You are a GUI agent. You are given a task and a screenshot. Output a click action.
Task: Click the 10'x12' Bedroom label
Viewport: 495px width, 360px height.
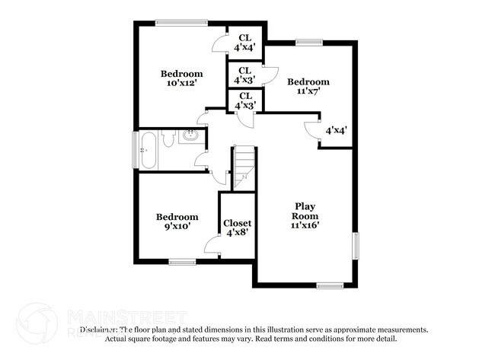coord(180,78)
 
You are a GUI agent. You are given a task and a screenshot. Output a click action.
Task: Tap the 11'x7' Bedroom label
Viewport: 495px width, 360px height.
coord(308,86)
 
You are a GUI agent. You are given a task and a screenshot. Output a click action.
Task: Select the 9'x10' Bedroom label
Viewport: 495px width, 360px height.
coord(177,221)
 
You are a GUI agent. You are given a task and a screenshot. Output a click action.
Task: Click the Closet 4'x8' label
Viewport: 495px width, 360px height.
coord(237,228)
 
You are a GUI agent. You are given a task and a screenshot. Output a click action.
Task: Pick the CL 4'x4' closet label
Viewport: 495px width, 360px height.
coord(245,42)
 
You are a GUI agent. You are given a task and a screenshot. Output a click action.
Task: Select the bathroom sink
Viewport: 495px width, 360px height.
coord(190,137)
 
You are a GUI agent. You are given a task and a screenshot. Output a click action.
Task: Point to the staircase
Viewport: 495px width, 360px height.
coord(243,167)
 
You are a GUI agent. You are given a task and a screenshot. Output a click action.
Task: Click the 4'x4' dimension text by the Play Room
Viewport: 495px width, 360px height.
coord(336,130)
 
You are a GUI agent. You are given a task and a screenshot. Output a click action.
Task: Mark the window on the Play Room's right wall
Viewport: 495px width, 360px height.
coord(355,247)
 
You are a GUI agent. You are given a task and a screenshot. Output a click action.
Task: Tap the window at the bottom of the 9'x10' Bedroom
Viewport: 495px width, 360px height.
coord(183,262)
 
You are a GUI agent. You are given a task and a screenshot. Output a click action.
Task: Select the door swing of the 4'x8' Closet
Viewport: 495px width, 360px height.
coord(212,244)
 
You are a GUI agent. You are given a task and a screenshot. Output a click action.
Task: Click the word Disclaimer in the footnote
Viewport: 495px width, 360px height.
coord(99,330)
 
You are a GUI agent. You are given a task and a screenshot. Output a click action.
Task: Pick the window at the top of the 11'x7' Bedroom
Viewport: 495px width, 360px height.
coord(307,42)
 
